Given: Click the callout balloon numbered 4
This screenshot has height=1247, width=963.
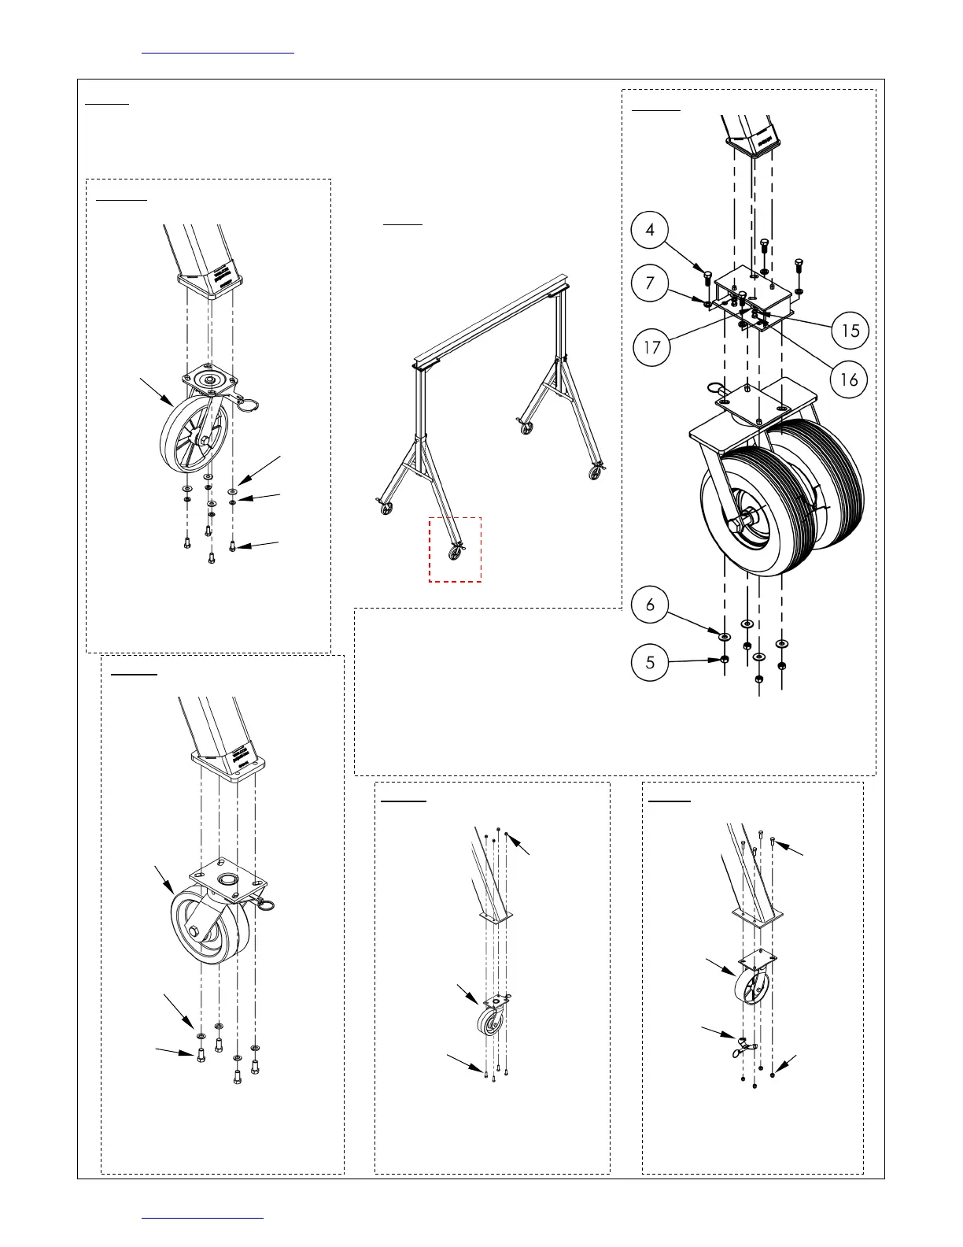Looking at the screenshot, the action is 650,230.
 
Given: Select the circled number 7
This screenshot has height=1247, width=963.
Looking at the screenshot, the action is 650,283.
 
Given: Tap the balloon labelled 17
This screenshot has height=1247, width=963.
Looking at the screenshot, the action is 652,347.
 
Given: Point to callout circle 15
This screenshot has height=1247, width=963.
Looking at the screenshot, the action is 850,331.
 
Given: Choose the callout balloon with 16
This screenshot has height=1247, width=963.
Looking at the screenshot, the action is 849,380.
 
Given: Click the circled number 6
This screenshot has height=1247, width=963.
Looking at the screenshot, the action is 650,605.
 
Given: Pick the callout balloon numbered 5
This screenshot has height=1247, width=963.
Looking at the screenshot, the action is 650,662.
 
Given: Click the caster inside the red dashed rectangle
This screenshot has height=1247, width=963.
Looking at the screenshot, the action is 456,552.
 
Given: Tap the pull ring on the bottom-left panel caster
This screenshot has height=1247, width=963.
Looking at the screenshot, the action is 265,905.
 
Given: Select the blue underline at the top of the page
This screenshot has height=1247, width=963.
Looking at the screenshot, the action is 218,53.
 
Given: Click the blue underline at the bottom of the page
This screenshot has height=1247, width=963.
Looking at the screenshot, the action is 202,1218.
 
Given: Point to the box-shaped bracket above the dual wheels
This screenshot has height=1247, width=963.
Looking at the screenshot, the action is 751,295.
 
